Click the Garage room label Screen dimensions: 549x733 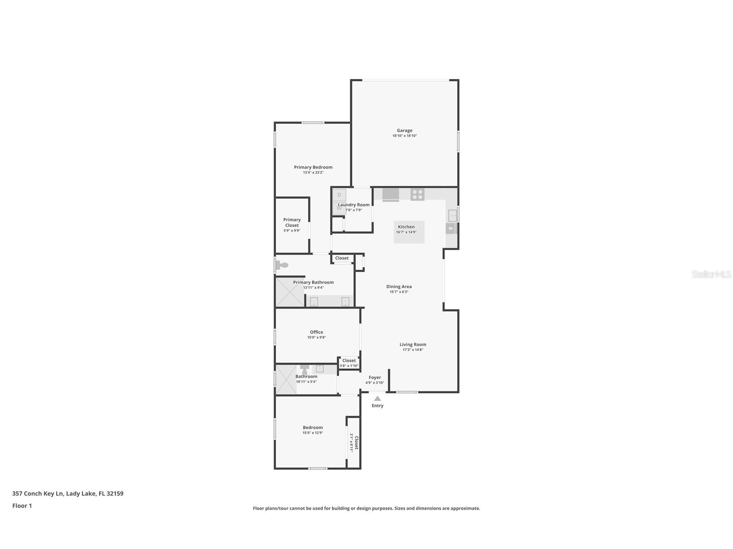[404, 130]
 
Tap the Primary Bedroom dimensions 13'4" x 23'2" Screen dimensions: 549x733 [313, 173]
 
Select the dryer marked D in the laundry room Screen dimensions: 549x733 [339, 195]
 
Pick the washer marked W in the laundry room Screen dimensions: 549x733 [339, 208]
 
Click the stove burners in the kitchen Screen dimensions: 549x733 [417, 195]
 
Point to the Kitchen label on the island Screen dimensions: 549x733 [406, 227]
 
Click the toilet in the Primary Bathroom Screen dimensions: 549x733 [282, 265]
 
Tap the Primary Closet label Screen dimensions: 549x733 [292, 222]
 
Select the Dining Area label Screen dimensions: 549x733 [399, 287]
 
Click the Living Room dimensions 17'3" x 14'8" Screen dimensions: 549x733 [413, 350]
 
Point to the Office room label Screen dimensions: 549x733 [316, 332]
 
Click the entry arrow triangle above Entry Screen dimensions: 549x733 [378, 398]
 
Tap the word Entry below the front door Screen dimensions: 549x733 [378, 406]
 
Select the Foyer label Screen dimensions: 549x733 [374, 378]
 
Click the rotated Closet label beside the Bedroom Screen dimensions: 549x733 [356, 442]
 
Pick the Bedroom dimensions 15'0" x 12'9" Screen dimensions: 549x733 [313, 433]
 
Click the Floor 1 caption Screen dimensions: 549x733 [22, 506]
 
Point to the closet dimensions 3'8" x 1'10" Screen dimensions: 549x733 [349, 366]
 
